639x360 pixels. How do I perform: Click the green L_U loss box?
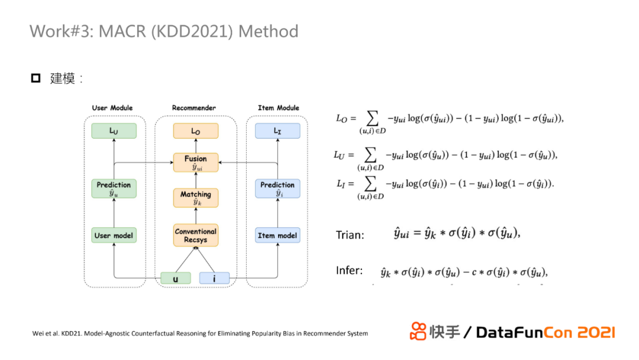point(114,131)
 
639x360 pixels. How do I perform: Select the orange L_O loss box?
point(196,131)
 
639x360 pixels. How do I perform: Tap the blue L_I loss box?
point(277,131)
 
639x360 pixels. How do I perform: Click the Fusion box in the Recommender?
point(196,162)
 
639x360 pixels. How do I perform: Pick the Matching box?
point(196,198)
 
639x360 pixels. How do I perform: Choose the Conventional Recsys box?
point(196,236)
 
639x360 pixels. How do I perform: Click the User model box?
point(114,236)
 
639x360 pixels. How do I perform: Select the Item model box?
point(277,236)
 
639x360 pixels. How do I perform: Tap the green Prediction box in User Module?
point(114,189)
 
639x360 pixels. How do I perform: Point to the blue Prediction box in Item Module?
point(277,189)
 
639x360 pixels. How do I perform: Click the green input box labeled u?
point(176,278)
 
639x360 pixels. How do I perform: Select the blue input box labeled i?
point(214,278)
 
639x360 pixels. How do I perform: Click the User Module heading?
point(112,108)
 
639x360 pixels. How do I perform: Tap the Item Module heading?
point(278,108)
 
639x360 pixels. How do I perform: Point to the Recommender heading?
point(194,108)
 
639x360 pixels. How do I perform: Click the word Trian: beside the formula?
point(350,235)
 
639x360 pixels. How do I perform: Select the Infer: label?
point(349,271)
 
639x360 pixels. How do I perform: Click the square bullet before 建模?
point(35,78)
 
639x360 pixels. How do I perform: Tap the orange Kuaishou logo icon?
point(418,331)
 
